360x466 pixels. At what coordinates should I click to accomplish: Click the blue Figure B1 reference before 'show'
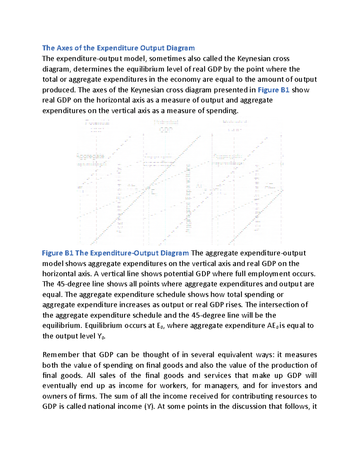[273, 90]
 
